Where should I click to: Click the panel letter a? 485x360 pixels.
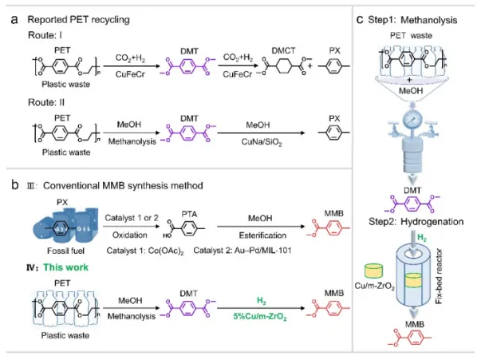(14, 18)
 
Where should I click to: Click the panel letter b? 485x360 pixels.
(14, 186)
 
